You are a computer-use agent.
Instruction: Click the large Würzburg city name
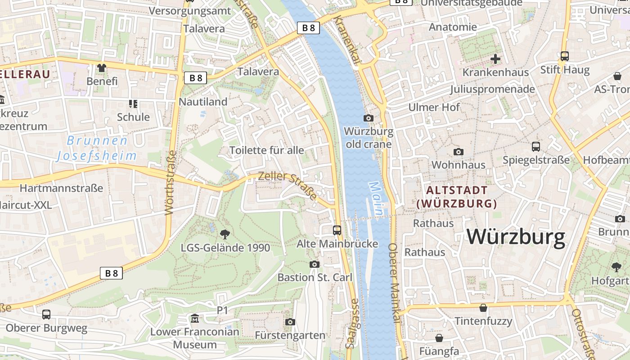(x=516, y=237)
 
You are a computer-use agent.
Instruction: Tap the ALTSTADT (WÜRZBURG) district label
(x=456, y=197)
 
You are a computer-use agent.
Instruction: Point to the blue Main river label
(x=377, y=198)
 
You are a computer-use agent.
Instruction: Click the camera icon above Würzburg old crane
(x=368, y=118)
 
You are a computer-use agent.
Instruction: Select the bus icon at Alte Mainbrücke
(x=337, y=230)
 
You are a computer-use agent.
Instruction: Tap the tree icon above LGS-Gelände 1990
(x=225, y=234)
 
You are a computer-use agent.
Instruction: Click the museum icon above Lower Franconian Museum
(x=194, y=319)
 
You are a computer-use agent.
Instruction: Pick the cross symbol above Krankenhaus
(x=495, y=59)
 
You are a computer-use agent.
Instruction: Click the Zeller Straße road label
(x=288, y=185)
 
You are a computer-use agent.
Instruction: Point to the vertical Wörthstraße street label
(x=170, y=182)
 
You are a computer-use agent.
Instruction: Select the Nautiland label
(x=203, y=102)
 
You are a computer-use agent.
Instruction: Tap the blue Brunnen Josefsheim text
(x=97, y=148)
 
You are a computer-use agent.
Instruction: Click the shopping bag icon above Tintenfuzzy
(x=483, y=308)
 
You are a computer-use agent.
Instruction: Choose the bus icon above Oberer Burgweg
(x=46, y=315)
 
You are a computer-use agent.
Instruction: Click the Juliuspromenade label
(x=492, y=89)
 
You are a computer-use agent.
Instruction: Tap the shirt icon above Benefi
(x=102, y=68)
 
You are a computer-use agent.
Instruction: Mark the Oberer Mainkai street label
(x=394, y=283)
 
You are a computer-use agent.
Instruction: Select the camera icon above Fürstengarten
(x=290, y=322)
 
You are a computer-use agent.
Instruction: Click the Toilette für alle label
(x=267, y=150)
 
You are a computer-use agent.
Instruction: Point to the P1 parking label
(x=223, y=310)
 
